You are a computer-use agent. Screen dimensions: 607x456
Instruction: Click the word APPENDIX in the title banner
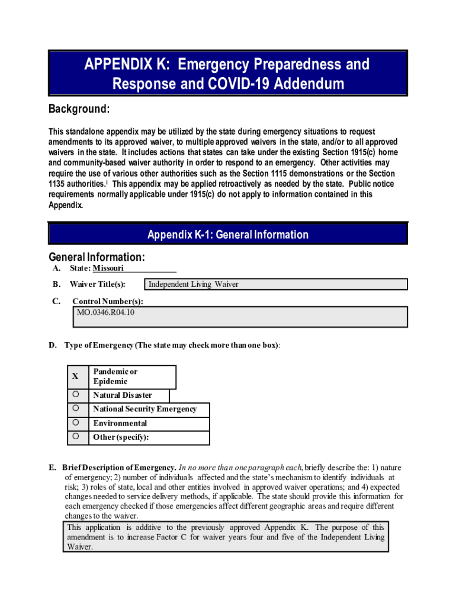[x=118, y=64]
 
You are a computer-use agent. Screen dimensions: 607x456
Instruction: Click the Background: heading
[x=78, y=110]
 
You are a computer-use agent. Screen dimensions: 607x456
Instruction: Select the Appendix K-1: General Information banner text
[x=228, y=235]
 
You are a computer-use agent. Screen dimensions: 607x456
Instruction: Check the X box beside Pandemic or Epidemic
[x=75, y=376]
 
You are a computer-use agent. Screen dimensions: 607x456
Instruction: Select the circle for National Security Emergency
[x=76, y=408]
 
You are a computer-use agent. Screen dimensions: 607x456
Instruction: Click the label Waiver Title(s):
[x=97, y=285]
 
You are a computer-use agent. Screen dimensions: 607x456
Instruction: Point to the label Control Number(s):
[x=108, y=301]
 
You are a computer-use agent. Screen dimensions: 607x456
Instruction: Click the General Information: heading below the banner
[x=97, y=257]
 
